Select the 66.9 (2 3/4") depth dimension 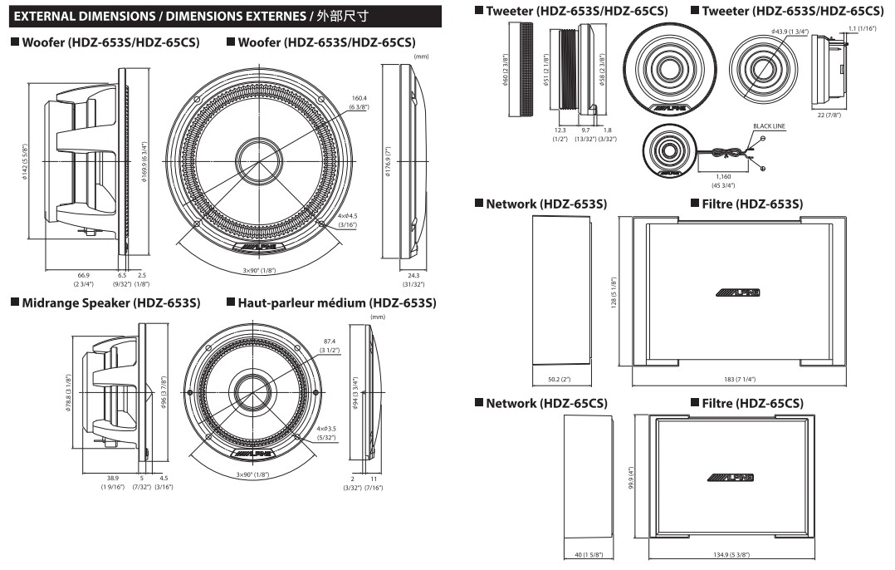pos(83,278)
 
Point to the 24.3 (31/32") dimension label pos(412,278)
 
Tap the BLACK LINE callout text pos(768,126)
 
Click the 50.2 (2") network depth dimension pos(560,379)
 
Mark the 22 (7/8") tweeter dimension pos(829,115)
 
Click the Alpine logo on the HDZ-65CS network pos(731,478)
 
